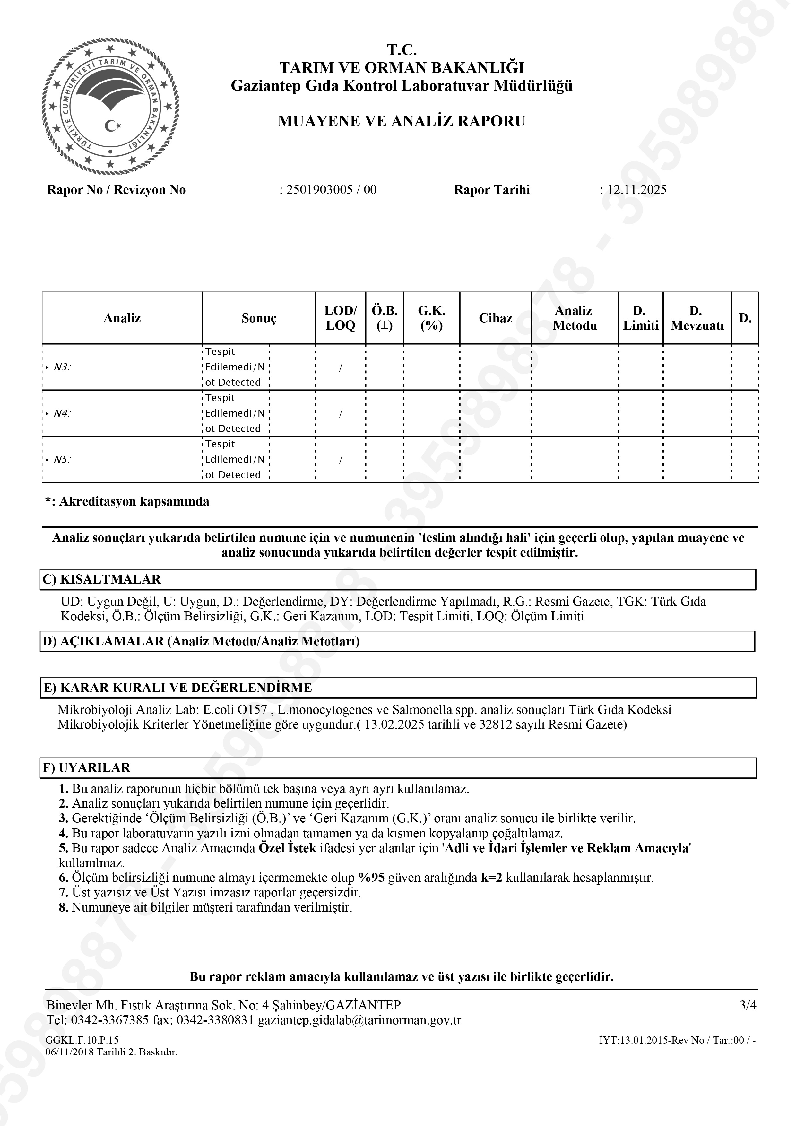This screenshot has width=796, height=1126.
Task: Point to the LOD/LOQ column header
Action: tap(340, 318)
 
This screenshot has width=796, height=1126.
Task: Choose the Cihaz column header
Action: tap(495, 318)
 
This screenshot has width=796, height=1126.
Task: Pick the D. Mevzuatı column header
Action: tap(696, 318)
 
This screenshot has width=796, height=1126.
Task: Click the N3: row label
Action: tap(62, 367)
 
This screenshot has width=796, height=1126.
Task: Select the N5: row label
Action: tap(62, 460)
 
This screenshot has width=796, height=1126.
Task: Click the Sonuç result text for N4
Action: tap(234, 413)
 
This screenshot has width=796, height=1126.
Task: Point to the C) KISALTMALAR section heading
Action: tap(102, 579)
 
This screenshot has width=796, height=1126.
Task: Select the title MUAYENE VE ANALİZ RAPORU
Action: tap(401, 121)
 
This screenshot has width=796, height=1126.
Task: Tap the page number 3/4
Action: tap(748, 1005)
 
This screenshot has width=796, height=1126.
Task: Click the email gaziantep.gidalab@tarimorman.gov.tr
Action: tap(359, 1021)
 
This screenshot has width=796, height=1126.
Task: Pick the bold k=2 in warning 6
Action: tap(491, 877)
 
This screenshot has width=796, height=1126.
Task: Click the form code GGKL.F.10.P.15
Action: tap(82, 1040)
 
